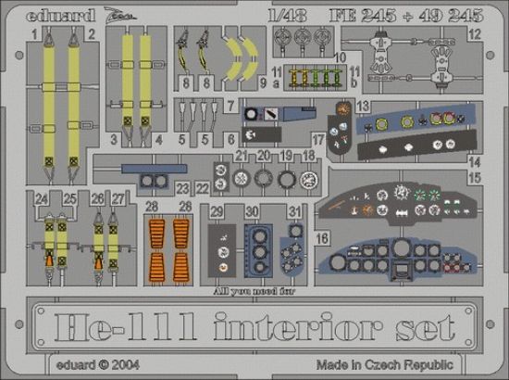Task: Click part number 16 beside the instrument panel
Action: pos(322,238)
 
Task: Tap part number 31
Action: pos(294,211)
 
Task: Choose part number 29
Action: pos(216,212)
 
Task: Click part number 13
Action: pos(364,106)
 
